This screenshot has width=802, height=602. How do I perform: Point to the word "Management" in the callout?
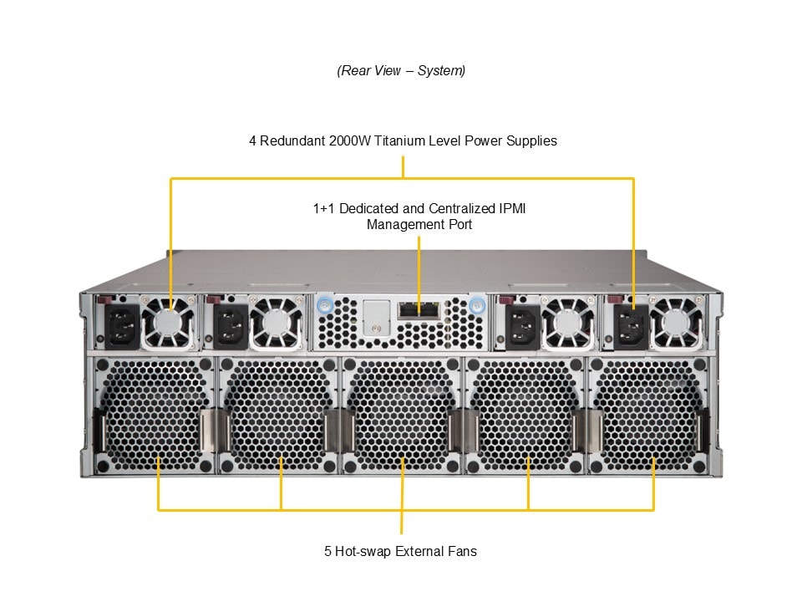[401, 224]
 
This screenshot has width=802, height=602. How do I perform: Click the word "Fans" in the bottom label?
[462, 551]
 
